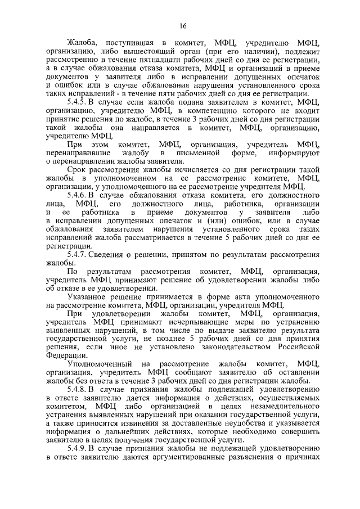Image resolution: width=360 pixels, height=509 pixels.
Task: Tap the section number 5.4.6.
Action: pos(78,195)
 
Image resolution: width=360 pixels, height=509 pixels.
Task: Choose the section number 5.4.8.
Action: pos(78,389)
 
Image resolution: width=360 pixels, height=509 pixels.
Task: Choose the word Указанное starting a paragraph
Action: pos(88,296)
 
